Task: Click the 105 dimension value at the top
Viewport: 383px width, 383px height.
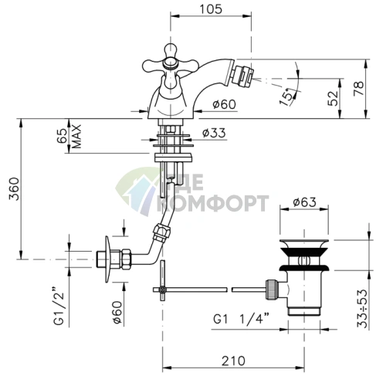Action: pos(211,9)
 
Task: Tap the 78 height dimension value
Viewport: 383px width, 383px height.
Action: pos(359,88)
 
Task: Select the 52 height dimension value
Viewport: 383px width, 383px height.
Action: pos(333,98)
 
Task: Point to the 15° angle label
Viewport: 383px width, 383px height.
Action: pos(287,97)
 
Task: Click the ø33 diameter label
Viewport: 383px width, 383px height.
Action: pos(214,133)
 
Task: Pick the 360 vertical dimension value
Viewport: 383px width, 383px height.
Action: pos(14,188)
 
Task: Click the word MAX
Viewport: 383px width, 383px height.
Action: pos(76,137)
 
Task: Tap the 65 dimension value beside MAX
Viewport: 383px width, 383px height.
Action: pos(63,137)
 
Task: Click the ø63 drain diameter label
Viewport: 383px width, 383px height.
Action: pos(304,202)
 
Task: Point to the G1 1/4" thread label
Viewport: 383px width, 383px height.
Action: pos(241,319)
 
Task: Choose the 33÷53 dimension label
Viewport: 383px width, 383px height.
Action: pos(362,309)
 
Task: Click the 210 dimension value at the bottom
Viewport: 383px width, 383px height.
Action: pos(233,361)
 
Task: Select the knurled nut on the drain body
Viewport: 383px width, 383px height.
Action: pos(272,290)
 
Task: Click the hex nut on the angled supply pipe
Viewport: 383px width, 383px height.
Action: pos(161,232)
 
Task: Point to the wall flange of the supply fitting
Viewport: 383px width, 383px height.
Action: pos(108,259)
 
